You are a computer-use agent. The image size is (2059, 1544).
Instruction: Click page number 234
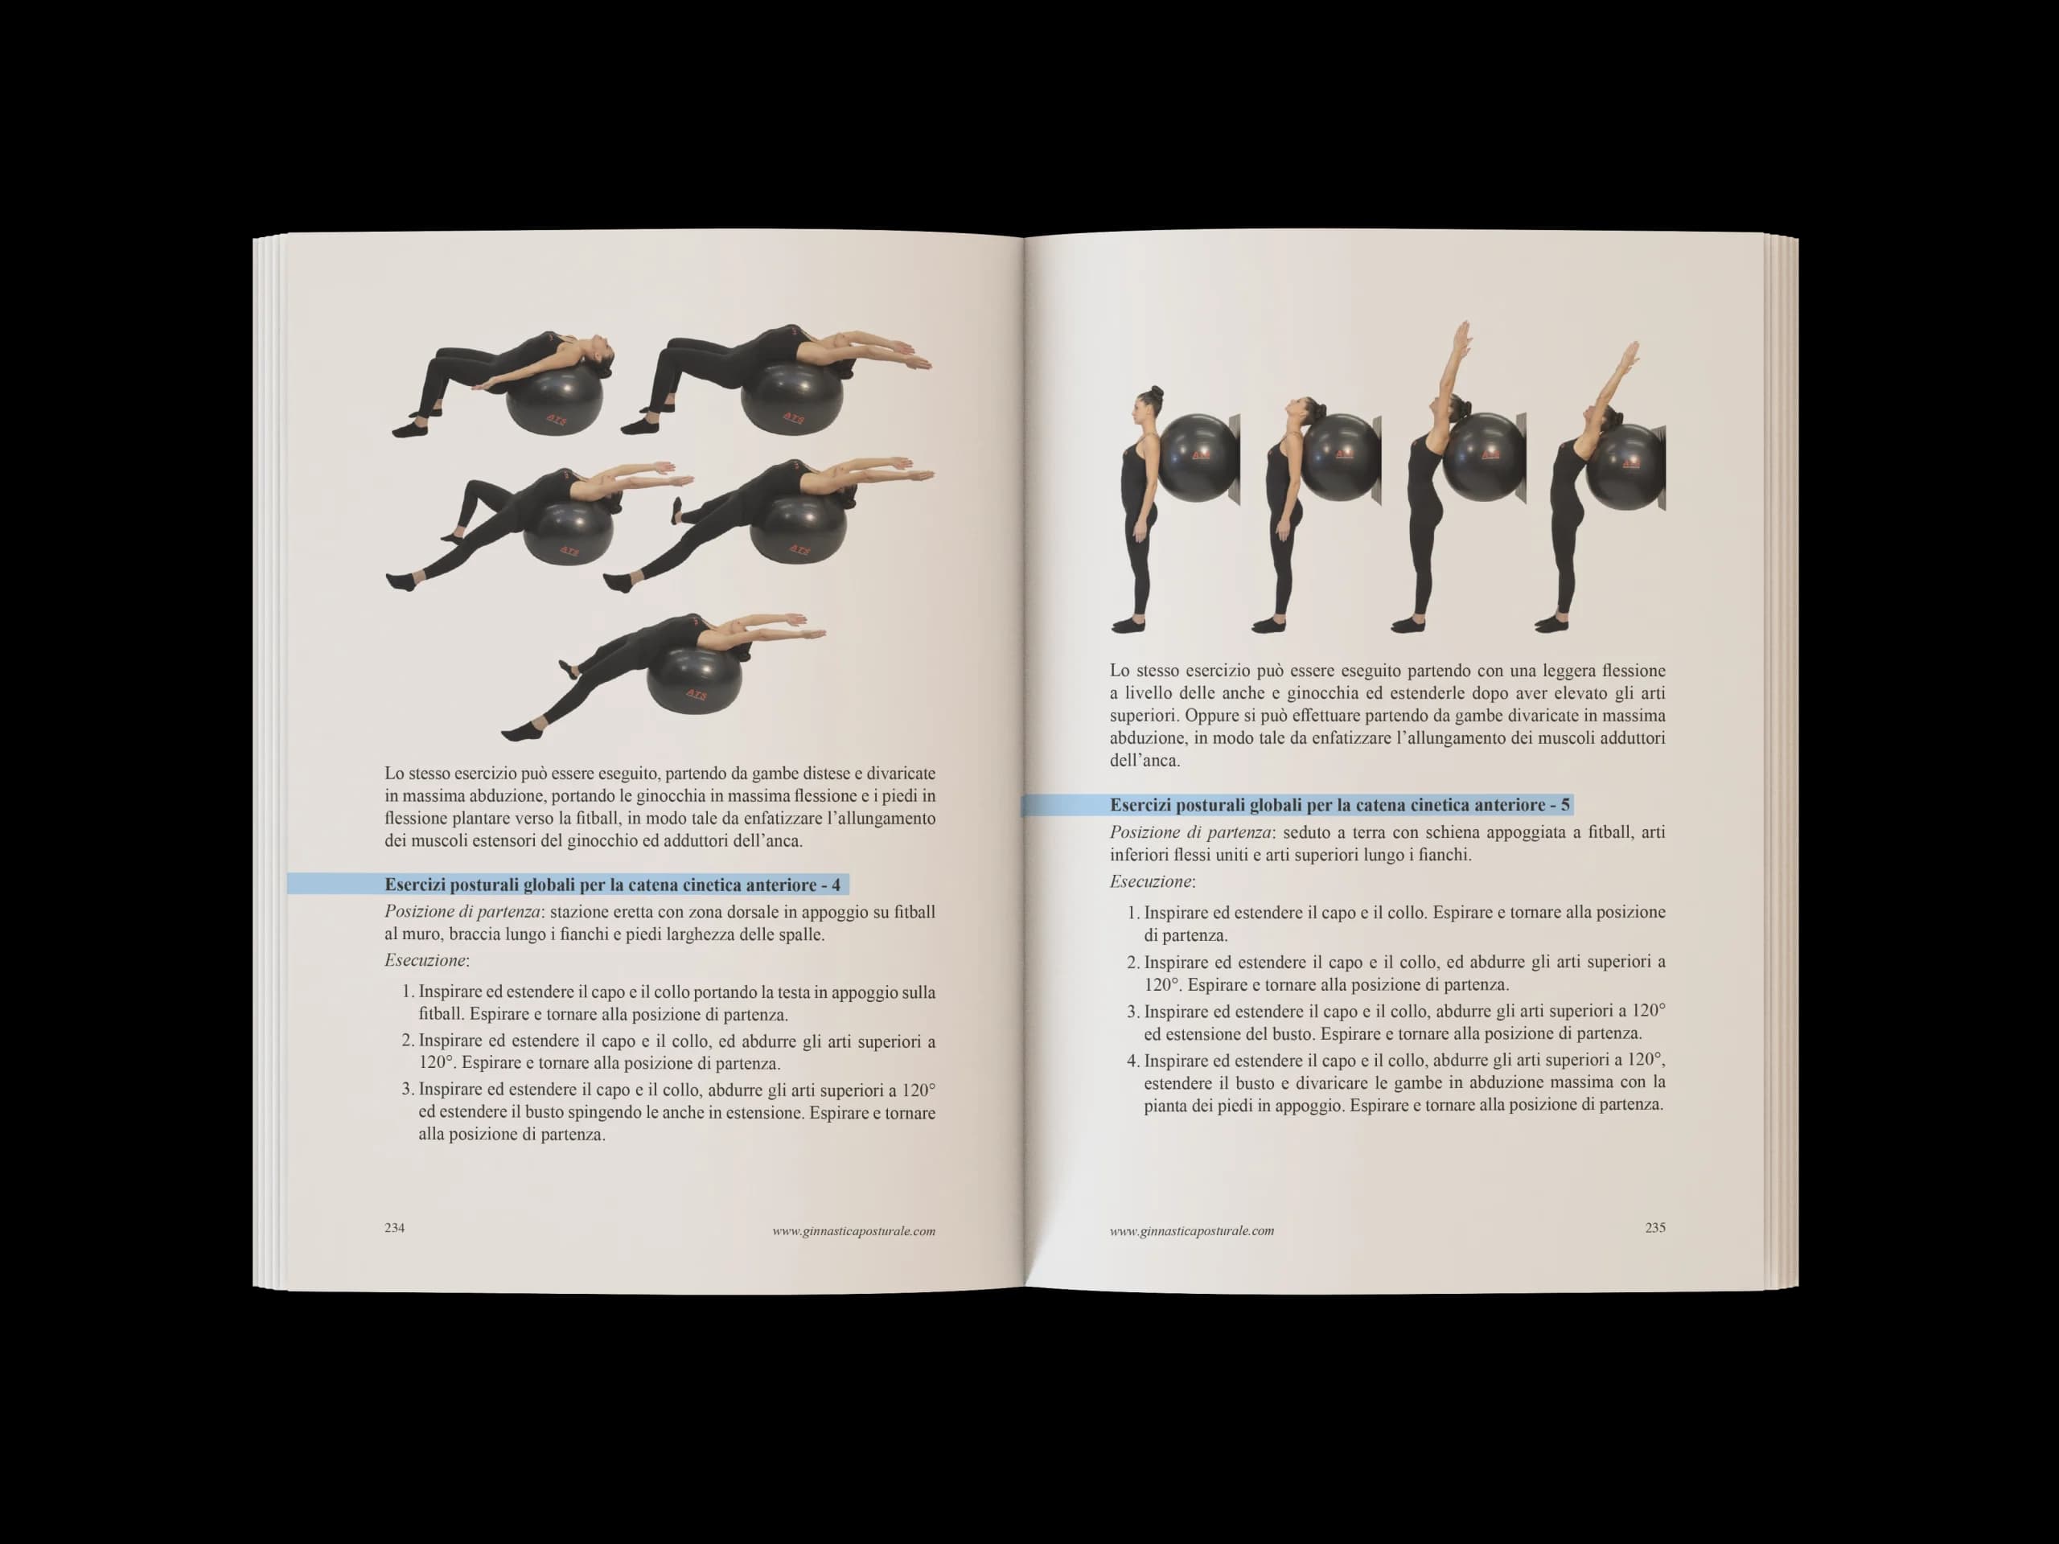(395, 1228)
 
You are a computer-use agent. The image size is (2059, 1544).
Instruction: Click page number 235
(1655, 1228)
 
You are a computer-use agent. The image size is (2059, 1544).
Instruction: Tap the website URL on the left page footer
(853, 1230)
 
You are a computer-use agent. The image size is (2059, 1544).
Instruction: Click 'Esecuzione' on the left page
(425, 960)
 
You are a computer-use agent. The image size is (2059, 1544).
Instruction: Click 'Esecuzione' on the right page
(1150, 881)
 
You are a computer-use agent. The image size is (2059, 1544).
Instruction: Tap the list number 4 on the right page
(1132, 1060)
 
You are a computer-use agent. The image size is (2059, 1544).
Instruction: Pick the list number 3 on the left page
(407, 1090)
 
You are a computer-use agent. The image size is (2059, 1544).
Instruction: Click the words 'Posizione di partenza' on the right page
(1190, 832)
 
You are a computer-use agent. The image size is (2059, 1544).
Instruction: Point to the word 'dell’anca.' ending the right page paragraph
(1144, 761)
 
